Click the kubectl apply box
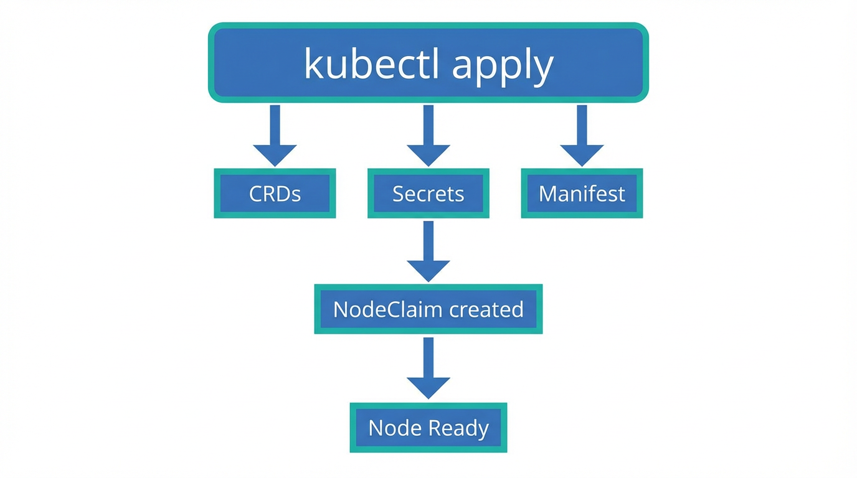[x=429, y=62]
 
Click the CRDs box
[x=275, y=194]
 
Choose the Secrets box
[x=429, y=194]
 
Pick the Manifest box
[x=582, y=194]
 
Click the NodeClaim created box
[x=429, y=309]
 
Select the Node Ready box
[x=429, y=428]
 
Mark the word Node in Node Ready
[x=393, y=428]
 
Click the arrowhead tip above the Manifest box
[x=582, y=163]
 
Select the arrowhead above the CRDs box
[x=275, y=155]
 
